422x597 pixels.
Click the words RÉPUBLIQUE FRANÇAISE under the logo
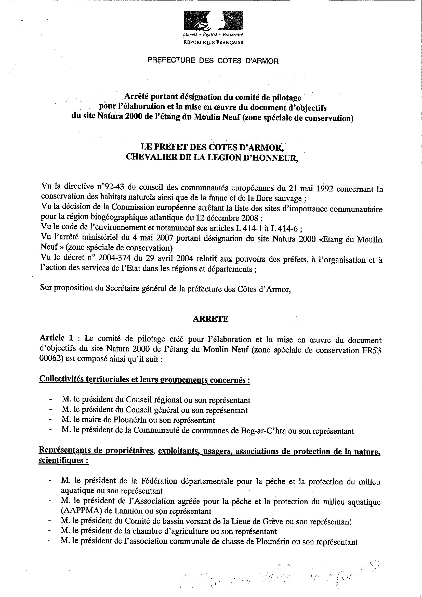pyautogui.click(x=213, y=42)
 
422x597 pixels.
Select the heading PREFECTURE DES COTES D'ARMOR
pyautogui.click(x=213, y=61)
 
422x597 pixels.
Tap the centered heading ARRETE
pyautogui.click(x=210, y=319)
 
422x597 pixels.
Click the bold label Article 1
pyautogui.click(x=56, y=338)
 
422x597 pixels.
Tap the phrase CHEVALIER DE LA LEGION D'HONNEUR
pyautogui.click(x=212, y=158)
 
